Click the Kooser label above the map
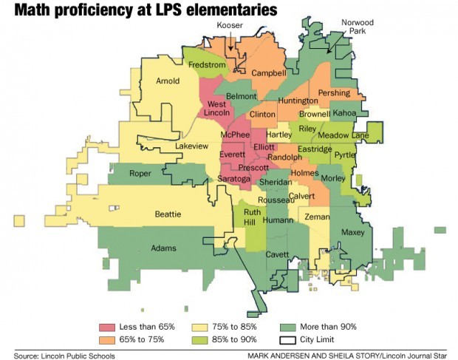tap(230, 26)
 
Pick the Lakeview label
tap(191, 146)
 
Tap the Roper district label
tap(140, 174)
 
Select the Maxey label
tap(353, 232)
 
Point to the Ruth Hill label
tap(253, 217)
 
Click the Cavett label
tap(277, 254)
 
